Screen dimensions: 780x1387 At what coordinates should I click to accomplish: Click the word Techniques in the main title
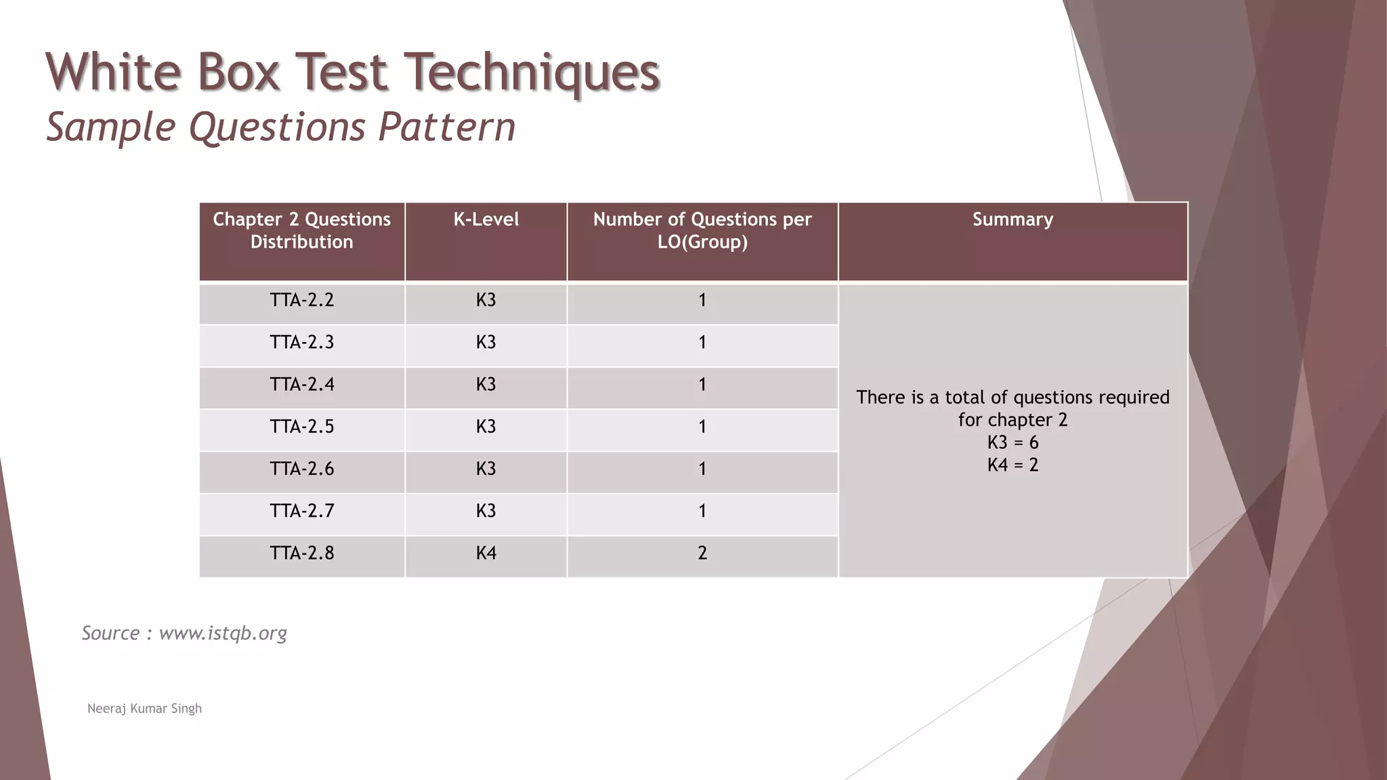[535, 72]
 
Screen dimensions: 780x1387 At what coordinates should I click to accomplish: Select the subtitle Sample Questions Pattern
[280, 127]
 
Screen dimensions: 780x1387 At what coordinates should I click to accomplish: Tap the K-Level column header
[486, 219]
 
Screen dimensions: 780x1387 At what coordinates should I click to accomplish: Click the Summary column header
[1012, 219]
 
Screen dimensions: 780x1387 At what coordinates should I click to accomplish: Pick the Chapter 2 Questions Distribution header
[301, 230]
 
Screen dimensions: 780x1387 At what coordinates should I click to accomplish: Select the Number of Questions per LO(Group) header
[702, 230]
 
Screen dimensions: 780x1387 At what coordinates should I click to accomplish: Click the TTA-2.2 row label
[301, 300]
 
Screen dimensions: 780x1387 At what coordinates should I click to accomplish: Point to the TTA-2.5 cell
[301, 427]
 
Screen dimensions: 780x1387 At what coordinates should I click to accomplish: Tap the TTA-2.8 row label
[301, 553]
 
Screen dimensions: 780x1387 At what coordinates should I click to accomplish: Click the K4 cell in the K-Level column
[486, 553]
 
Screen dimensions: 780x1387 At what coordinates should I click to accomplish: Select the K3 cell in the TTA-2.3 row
[486, 342]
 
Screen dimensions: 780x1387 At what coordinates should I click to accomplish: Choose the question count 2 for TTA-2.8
[702, 553]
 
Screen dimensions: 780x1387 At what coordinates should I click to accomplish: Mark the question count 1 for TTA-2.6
[702, 469]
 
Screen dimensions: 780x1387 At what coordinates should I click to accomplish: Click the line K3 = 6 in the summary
[1012, 443]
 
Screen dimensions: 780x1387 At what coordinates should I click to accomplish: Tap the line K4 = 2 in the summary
[1012, 465]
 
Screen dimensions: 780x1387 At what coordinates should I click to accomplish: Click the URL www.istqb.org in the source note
[223, 633]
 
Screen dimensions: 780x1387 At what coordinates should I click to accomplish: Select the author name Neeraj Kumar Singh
[144, 708]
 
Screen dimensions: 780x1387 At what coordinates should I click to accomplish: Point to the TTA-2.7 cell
[301, 511]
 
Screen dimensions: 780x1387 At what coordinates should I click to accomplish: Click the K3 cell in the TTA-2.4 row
[486, 385]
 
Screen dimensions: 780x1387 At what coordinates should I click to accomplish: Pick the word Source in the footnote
[110, 633]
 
